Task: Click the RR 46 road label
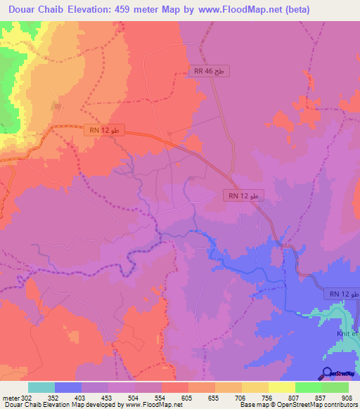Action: [x=210, y=72]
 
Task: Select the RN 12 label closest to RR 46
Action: [x=244, y=195]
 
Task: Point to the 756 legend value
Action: [x=267, y=397]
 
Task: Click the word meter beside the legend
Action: [x=10, y=397]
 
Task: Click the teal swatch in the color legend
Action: [x=41, y=387]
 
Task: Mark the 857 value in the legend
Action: [x=320, y=397]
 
